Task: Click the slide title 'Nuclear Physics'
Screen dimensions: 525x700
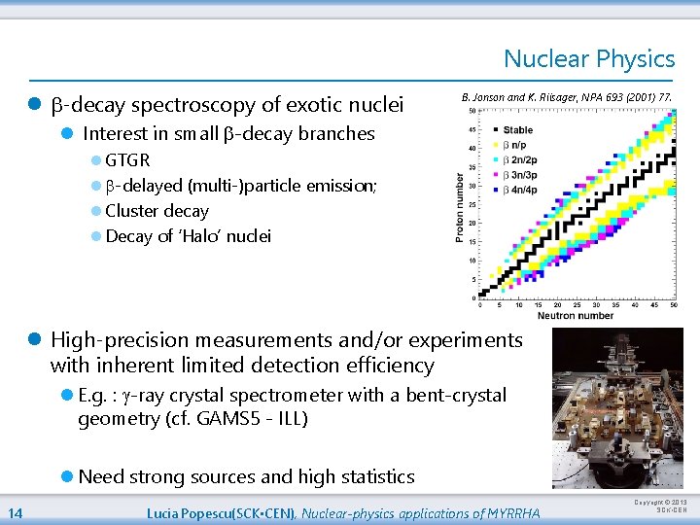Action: (588, 59)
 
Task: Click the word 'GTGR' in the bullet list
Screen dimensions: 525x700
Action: (127, 160)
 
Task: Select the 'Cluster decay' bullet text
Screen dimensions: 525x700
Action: (157, 211)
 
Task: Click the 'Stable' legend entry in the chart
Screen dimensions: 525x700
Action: (517, 129)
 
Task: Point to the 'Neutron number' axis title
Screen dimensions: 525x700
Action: (577, 316)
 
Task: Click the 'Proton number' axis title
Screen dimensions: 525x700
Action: (460, 208)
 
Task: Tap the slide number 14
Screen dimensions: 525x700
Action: (16, 513)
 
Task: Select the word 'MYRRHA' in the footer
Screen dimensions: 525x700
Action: (516, 513)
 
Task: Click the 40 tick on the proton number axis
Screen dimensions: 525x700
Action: (472, 148)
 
